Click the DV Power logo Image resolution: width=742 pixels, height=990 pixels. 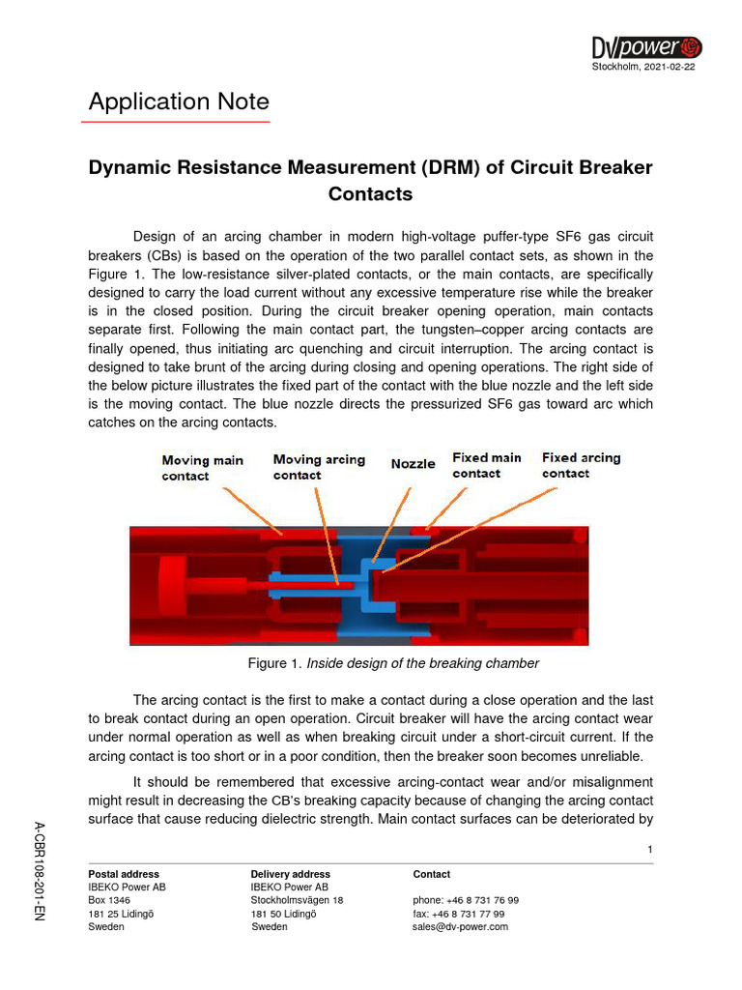[x=646, y=46]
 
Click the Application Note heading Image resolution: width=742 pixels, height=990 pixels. [x=179, y=102]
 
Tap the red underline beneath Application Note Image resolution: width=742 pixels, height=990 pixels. [x=179, y=123]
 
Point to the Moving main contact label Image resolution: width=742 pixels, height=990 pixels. [x=202, y=468]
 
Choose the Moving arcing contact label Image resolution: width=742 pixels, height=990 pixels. [x=319, y=467]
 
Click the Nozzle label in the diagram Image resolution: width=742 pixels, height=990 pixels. [x=413, y=464]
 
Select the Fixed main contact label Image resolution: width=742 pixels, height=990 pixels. [x=486, y=465]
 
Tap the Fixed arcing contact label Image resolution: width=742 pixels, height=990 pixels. [x=581, y=465]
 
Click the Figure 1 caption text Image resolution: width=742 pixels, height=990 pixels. [x=393, y=663]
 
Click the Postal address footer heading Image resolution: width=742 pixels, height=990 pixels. [x=124, y=874]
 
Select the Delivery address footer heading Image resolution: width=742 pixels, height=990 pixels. [x=290, y=874]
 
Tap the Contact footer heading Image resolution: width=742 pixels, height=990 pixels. [x=431, y=874]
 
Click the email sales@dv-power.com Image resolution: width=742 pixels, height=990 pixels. [x=460, y=926]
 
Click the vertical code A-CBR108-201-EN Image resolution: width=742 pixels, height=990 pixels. [x=40, y=869]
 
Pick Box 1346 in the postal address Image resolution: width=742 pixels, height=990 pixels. [x=109, y=900]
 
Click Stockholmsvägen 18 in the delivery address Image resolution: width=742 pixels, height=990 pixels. [x=297, y=900]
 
